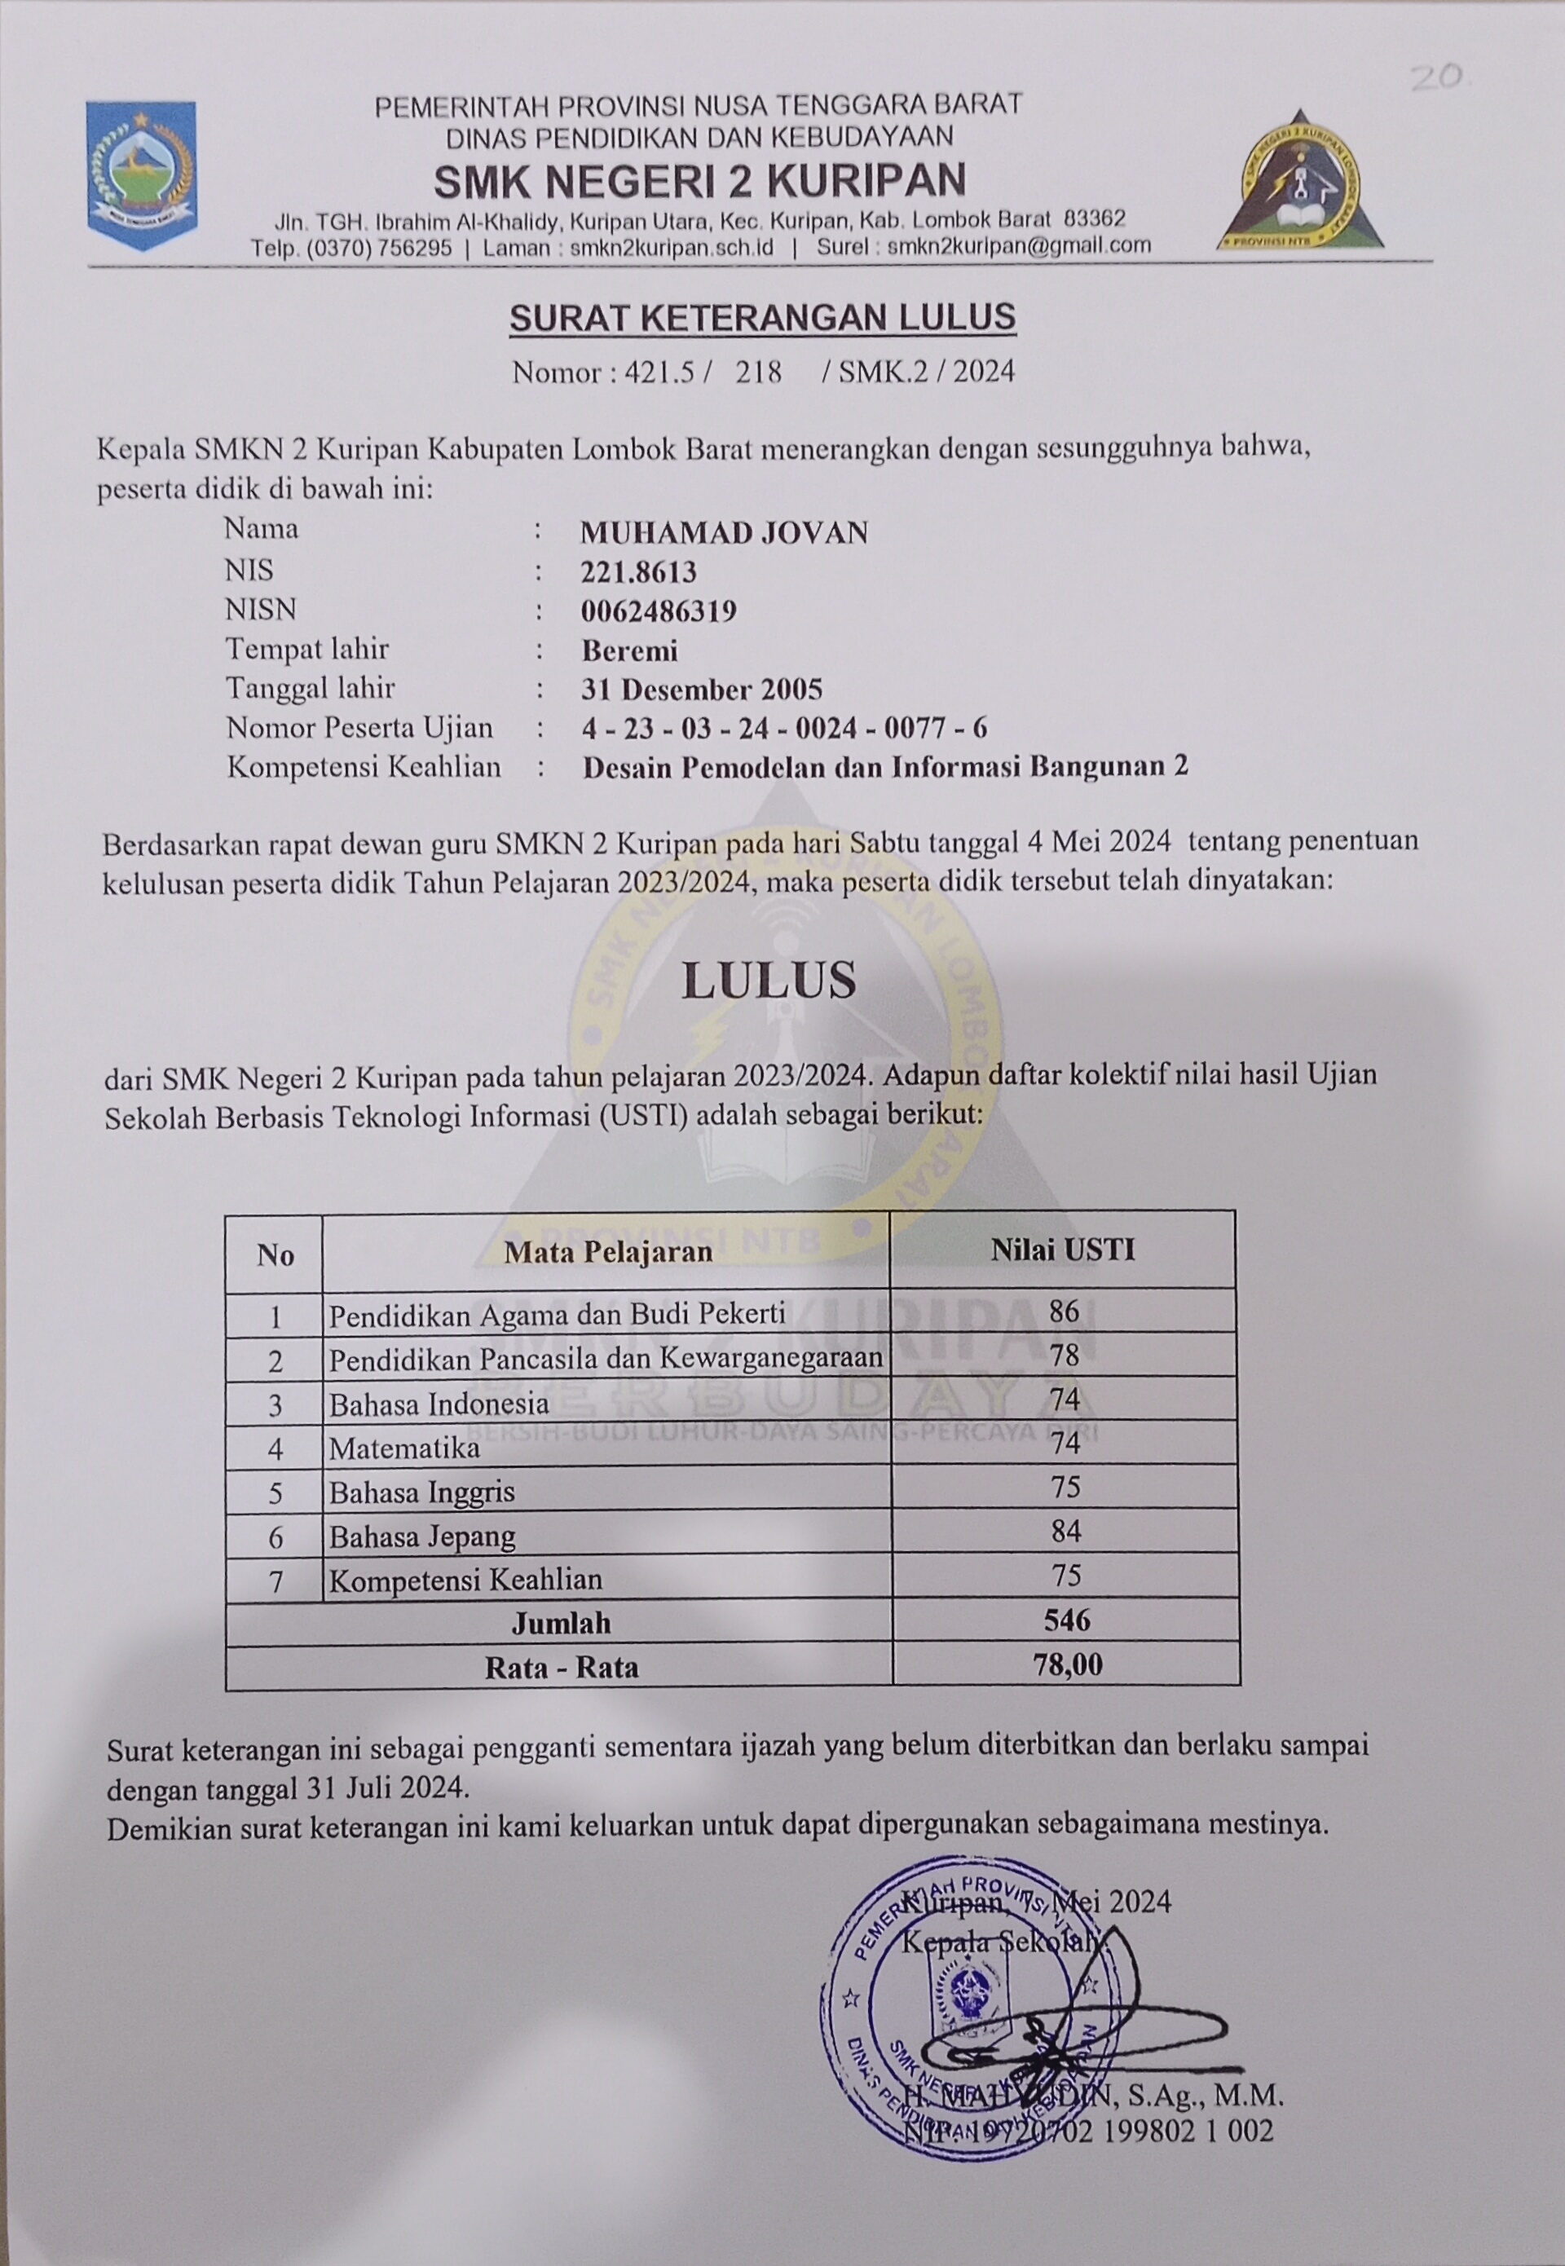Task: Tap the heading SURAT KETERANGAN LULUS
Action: point(762,318)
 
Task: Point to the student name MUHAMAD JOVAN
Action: point(724,532)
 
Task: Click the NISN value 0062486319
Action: point(658,611)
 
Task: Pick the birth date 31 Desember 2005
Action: point(701,690)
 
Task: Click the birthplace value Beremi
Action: point(628,650)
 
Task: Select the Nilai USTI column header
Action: point(1062,1250)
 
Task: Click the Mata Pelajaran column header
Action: point(608,1252)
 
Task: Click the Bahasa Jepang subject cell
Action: point(421,1536)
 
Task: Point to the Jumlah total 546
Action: point(1066,1620)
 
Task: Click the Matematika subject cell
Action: point(404,1448)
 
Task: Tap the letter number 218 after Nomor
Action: point(759,373)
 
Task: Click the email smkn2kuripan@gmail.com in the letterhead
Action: point(1019,246)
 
